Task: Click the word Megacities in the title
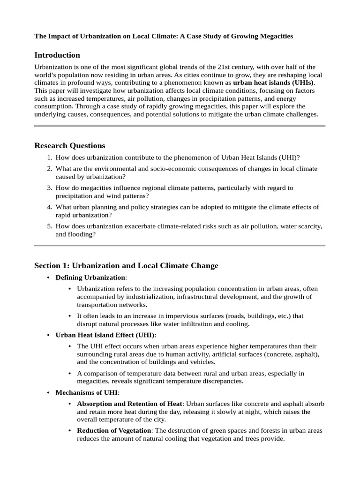276,36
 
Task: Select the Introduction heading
57,55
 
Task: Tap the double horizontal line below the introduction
180,126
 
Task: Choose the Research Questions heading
70,145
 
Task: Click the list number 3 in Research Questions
49,188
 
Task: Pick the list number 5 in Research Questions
49,226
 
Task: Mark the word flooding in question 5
82,234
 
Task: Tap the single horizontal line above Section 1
180,246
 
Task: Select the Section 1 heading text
126,266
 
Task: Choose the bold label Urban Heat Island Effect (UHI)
105,335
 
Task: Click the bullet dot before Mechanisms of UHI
49,392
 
